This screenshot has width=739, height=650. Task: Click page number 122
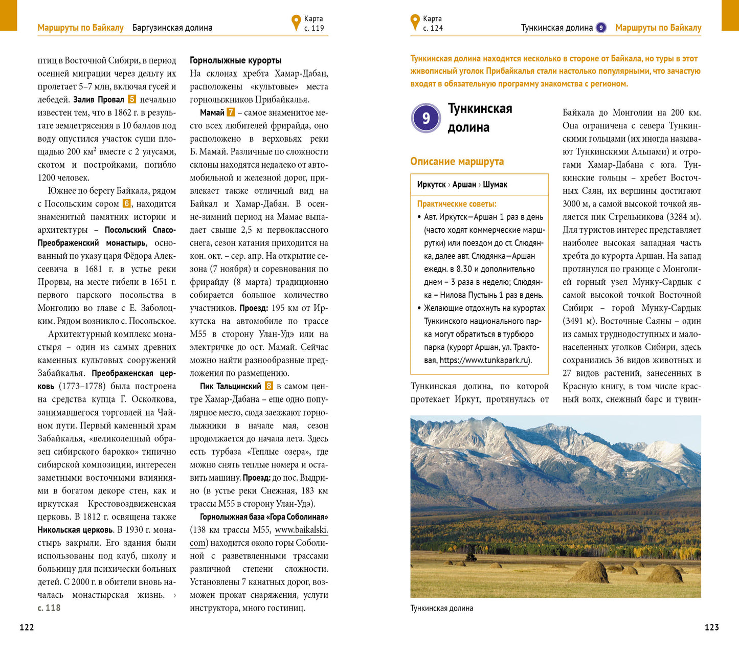coord(27,627)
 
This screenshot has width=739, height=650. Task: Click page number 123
coord(711,627)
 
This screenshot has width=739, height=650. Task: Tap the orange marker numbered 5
coord(132,99)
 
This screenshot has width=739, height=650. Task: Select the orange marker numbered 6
coord(127,204)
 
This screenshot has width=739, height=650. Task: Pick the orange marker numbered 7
coord(231,112)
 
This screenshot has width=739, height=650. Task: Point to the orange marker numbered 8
coord(268,386)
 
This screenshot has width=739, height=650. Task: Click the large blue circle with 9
coord(426,118)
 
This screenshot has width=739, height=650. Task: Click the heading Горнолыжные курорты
coord(235,60)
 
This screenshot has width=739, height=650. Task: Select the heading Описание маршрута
coord(457,162)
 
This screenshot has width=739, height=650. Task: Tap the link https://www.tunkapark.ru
coord(484,361)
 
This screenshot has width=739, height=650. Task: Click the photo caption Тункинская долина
coord(441,608)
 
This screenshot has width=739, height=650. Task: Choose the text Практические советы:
coord(457,204)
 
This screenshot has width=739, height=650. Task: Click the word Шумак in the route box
coord(495,185)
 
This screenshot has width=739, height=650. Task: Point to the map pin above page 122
coord(296,23)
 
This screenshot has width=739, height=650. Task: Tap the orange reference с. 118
coord(49,608)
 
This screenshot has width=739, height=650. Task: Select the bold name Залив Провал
coord(99,100)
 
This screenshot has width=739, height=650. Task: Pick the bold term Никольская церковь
coord(76,530)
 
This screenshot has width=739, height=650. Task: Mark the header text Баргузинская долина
coord(172,28)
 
